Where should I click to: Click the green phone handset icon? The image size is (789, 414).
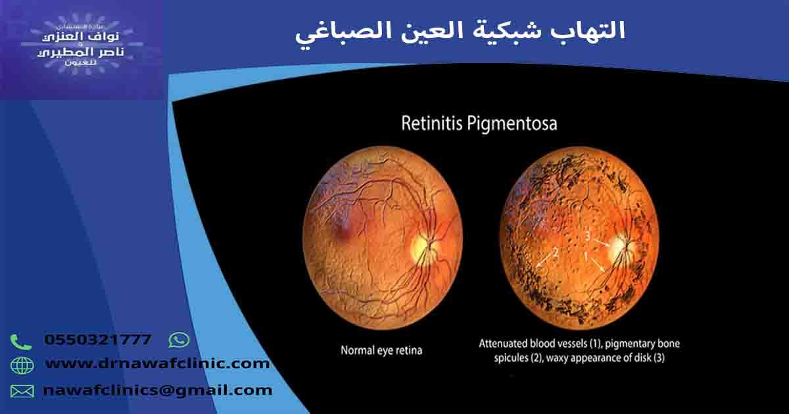pos(21,342)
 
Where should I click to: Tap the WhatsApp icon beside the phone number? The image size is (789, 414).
pos(179,340)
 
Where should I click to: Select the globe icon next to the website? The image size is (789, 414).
pos(21,365)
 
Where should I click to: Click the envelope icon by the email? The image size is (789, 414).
pos(22,391)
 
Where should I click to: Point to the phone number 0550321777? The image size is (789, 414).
pos(97,340)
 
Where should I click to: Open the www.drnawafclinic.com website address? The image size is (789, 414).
pos(157,363)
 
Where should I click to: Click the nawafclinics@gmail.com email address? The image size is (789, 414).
pos(157,390)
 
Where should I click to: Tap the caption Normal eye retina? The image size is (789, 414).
pos(381,350)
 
